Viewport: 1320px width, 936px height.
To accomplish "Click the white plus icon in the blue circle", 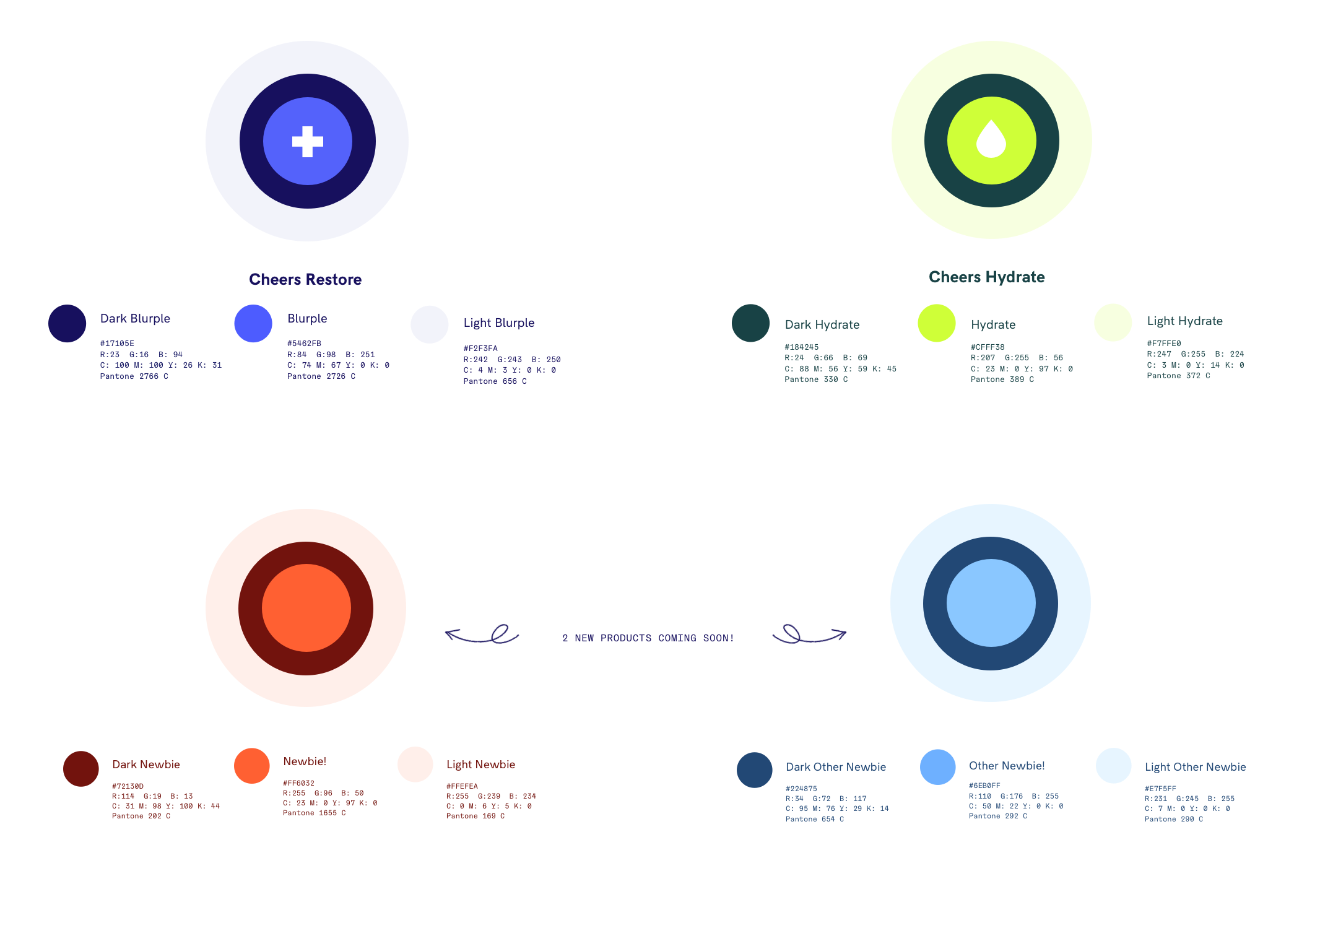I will pyautogui.click(x=308, y=142).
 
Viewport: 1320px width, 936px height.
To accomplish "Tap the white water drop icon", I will pyautogui.click(x=991, y=139).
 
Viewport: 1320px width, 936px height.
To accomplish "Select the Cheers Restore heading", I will pyautogui.click(x=305, y=280).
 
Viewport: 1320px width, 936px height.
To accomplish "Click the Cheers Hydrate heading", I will pyautogui.click(x=987, y=277).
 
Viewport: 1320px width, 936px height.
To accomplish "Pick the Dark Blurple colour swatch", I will pyautogui.click(x=67, y=323).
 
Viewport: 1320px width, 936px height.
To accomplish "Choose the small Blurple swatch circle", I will pyautogui.click(x=253, y=323).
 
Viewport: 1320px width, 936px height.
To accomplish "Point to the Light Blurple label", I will pyautogui.click(x=499, y=323).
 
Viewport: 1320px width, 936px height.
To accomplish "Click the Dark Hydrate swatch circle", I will pyautogui.click(x=750, y=323).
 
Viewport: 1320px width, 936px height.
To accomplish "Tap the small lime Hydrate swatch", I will pyautogui.click(x=937, y=323).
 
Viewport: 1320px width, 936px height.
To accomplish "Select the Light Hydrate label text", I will pyautogui.click(x=1185, y=321).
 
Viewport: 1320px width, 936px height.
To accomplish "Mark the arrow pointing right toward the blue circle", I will pyautogui.click(x=810, y=635).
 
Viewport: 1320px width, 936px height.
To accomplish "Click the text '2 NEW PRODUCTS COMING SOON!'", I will pyautogui.click(x=648, y=638).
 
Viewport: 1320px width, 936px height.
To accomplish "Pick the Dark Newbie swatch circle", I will pyautogui.click(x=81, y=769).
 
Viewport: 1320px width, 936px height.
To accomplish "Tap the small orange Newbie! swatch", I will pyautogui.click(x=252, y=766).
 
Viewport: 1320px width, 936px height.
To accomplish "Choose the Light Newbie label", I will pyautogui.click(x=480, y=765).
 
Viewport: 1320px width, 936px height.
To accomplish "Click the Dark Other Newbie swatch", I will pyautogui.click(x=755, y=770).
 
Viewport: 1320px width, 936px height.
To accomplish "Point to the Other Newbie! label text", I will pyautogui.click(x=1007, y=766).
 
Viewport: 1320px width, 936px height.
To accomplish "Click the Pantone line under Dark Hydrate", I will pyautogui.click(x=816, y=379).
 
